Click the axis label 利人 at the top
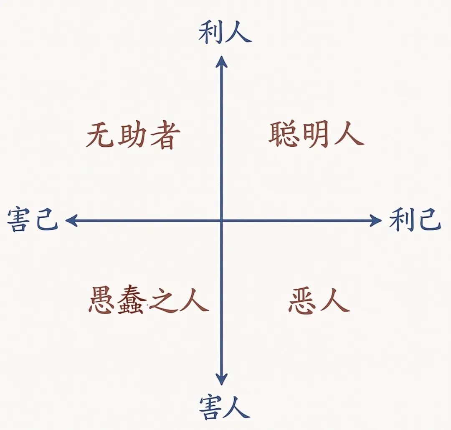tap(225, 33)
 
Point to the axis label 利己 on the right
tap(415, 220)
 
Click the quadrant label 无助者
tap(133, 135)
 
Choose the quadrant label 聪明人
tap(317, 135)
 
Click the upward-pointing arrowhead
tap(221, 61)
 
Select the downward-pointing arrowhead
tap(221, 379)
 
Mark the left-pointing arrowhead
tap(71, 221)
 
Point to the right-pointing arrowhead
tap(376, 221)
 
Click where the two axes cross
tap(221, 221)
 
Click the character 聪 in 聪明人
tap(284, 135)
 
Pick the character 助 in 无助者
tap(133, 135)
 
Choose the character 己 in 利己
tap(429, 220)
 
